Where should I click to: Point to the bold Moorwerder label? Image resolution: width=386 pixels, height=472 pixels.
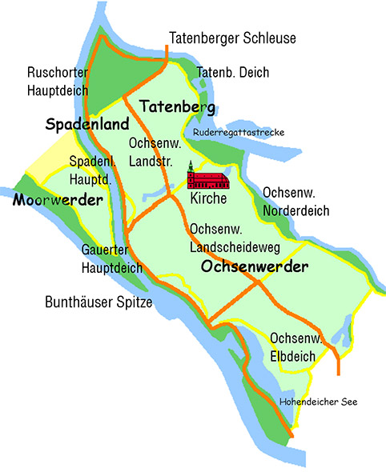pyautogui.click(x=58, y=199)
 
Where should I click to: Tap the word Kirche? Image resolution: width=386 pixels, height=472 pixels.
pyautogui.click(x=209, y=198)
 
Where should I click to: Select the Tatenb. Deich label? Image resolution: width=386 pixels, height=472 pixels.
pyautogui.click(x=233, y=72)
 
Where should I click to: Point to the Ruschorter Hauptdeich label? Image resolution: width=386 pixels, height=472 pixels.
pyautogui.click(x=57, y=81)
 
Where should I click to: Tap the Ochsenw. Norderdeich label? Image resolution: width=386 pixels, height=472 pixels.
pyautogui.click(x=296, y=202)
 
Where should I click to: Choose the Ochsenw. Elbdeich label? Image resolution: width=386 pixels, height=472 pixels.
pyautogui.click(x=296, y=347)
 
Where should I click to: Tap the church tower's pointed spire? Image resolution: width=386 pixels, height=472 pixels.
pyautogui.click(x=191, y=163)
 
